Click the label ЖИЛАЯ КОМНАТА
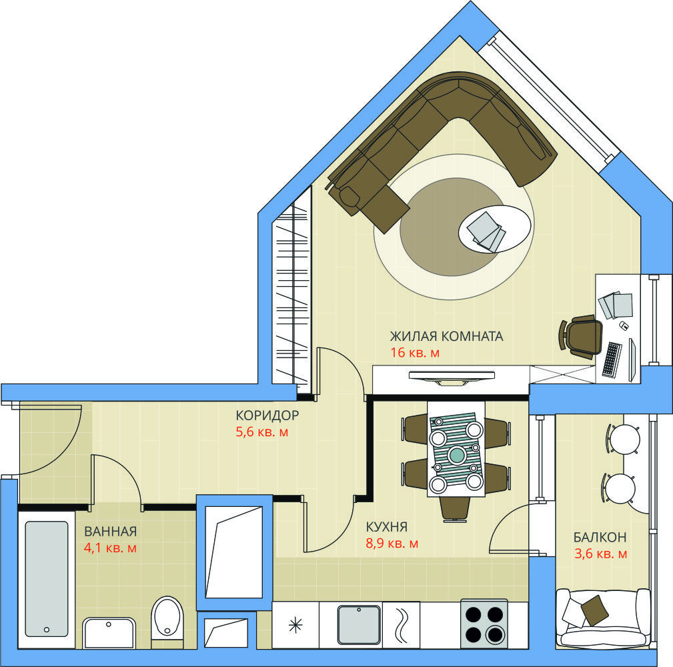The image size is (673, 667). click(x=446, y=336)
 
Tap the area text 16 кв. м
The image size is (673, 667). click(x=415, y=353)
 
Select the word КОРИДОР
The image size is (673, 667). click(x=267, y=416)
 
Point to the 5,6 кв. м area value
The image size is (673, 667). click(x=262, y=432)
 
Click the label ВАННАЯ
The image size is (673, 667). click(x=110, y=532)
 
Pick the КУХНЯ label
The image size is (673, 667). click(x=387, y=527)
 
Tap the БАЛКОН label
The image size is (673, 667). click(x=600, y=537)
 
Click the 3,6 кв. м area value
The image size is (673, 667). click(x=601, y=554)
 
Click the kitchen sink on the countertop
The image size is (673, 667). click(x=359, y=624)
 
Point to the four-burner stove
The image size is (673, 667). click(x=484, y=624)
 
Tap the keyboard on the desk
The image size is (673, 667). click(x=612, y=360)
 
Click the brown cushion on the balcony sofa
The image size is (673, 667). click(x=594, y=610)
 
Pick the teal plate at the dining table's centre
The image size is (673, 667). click(x=456, y=454)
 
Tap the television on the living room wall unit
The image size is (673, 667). click(x=452, y=378)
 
